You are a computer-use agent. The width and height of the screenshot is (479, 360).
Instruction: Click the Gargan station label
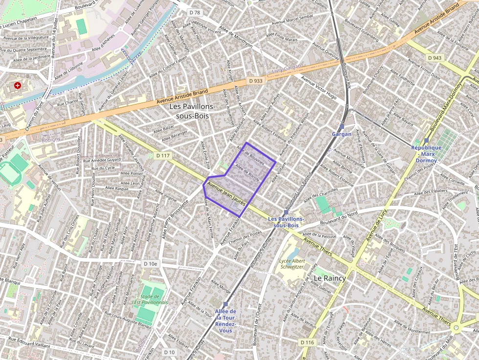(x=342, y=134)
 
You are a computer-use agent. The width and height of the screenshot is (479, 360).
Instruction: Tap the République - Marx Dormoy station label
(x=426, y=153)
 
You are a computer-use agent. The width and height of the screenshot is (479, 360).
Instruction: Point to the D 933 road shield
(x=255, y=81)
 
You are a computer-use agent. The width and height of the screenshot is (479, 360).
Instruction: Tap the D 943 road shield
(x=435, y=58)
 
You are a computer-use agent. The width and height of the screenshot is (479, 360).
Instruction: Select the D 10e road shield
(x=151, y=263)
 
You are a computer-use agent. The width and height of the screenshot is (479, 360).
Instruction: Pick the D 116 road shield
(x=307, y=342)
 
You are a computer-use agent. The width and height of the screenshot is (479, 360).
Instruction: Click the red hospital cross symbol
(x=18, y=85)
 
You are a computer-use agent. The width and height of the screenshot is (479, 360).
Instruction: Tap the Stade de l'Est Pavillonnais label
(x=151, y=299)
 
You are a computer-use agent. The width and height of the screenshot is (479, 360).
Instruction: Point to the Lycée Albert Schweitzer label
(x=292, y=264)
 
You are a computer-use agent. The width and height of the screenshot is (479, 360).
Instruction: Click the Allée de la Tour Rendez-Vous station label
(x=225, y=321)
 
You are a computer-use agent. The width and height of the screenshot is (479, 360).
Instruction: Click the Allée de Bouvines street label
(x=251, y=155)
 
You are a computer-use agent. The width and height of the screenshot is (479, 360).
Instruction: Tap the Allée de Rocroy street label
(x=247, y=172)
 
